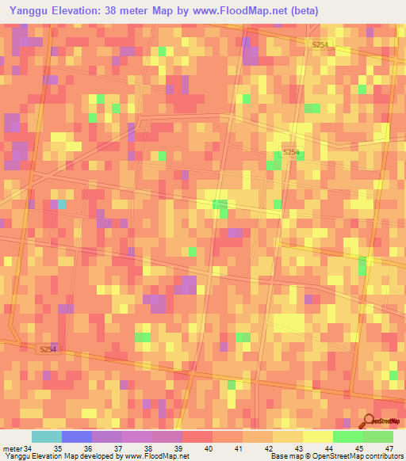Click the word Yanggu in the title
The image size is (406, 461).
[x=29, y=10]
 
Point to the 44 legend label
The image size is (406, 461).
[x=329, y=450]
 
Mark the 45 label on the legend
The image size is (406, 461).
[x=358, y=450]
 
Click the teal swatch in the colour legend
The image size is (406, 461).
[x=46, y=436]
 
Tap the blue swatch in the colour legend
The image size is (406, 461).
[x=76, y=436]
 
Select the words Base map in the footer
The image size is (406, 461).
[x=284, y=456]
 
